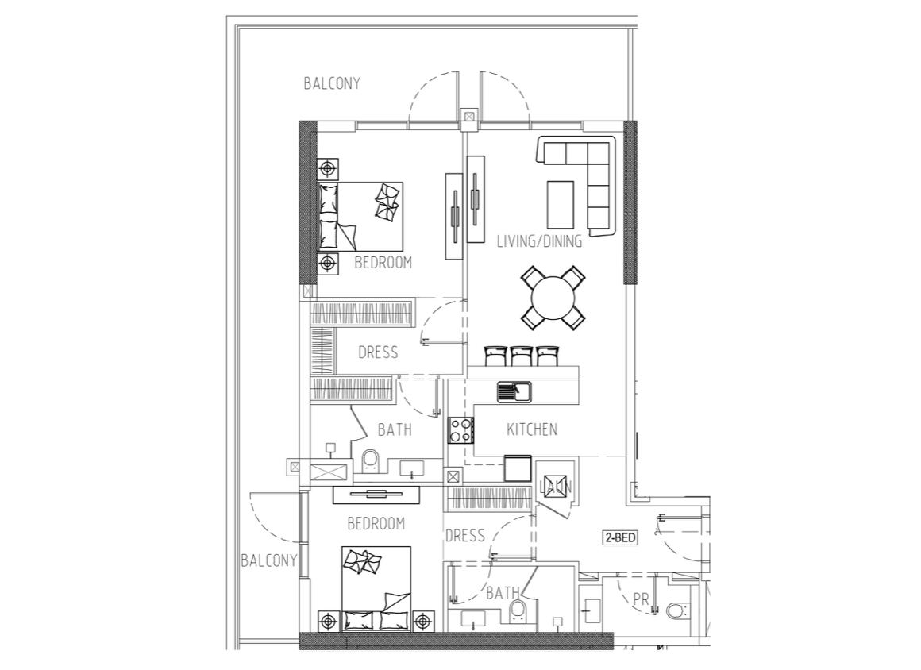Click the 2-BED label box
click(x=620, y=537)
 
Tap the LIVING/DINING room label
click(x=539, y=241)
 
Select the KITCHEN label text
click(x=532, y=429)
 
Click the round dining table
click(x=553, y=298)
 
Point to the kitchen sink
click(x=514, y=391)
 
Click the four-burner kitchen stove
click(x=461, y=429)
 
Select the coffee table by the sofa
click(x=561, y=204)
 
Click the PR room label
click(x=641, y=599)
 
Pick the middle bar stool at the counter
click(x=521, y=356)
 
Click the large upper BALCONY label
click(x=332, y=83)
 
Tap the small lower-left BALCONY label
click(x=269, y=560)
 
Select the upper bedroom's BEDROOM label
click(x=383, y=263)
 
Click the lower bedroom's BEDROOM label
click(x=376, y=523)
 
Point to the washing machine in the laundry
click(x=555, y=486)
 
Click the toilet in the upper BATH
click(x=371, y=461)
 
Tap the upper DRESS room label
click(x=378, y=352)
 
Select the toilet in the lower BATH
click(x=518, y=610)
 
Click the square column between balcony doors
click(x=468, y=117)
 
